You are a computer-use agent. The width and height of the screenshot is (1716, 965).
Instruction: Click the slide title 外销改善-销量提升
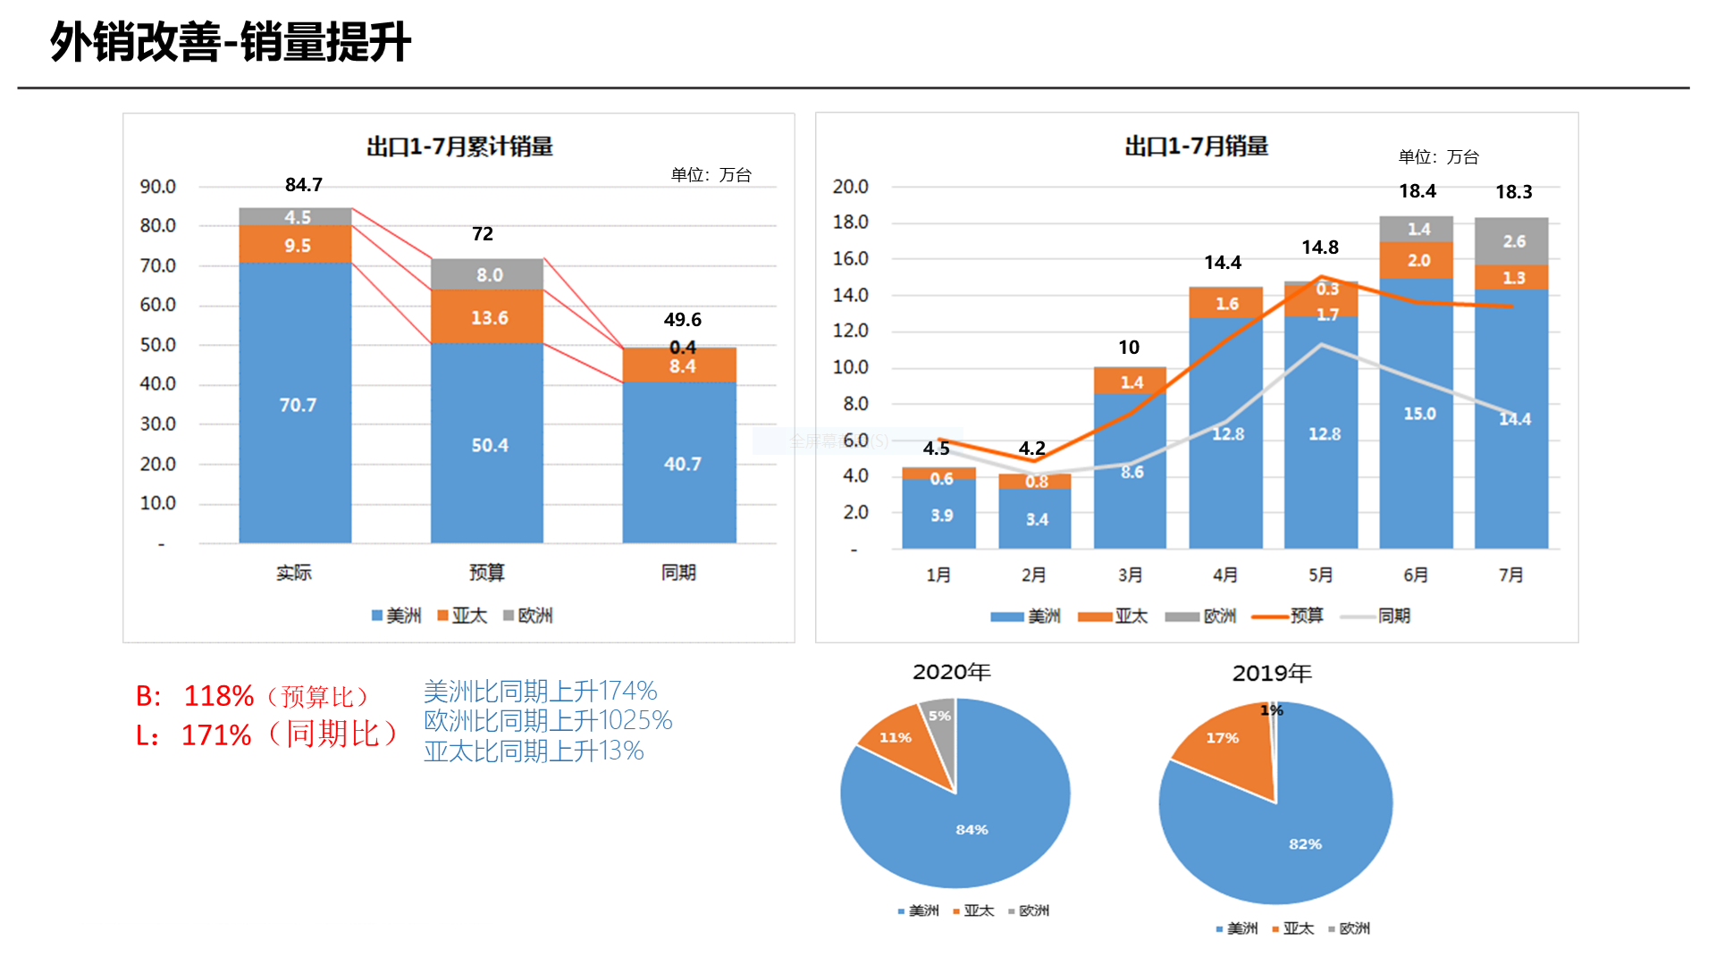coord(231,42)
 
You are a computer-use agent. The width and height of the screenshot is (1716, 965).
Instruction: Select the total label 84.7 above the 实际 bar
coord(304,185)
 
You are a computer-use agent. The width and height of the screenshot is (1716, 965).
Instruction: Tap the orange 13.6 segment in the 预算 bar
coord(488,317)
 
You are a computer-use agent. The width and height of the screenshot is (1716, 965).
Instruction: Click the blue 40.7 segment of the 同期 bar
coord(681,464)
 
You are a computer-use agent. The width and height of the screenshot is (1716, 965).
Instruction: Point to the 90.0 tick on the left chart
coord(157,187)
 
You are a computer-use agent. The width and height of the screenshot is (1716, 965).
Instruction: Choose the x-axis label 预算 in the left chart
coord(487,573)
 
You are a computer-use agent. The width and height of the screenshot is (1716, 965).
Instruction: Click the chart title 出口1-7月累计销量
coord(459,147)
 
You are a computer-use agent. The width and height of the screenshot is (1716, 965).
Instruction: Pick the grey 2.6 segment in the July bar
coord(1513,241)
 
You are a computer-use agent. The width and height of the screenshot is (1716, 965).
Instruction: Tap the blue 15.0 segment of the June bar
coord(1418,414)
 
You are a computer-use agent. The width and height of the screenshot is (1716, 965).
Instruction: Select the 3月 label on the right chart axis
coord(1130,575)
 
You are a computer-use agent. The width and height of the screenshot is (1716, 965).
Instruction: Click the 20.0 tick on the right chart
coord(850,187)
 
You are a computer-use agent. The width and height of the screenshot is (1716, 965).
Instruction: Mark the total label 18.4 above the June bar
coord(1417,191)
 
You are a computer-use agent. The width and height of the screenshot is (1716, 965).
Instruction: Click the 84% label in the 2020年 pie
coord(972,830)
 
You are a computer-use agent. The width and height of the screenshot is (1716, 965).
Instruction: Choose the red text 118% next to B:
coord(219,696)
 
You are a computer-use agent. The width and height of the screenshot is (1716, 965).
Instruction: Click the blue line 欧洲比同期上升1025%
coord(548,720)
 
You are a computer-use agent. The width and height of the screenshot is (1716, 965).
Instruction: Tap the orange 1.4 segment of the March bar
coord(1131,382)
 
